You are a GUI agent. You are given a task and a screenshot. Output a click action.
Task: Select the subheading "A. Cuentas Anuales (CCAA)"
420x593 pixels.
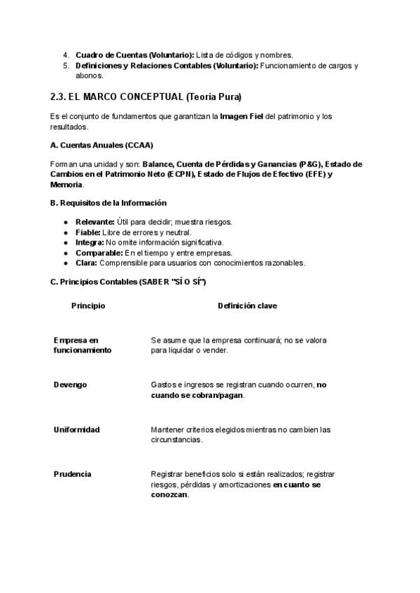102,145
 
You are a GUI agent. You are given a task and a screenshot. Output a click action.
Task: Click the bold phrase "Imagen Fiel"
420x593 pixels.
241,116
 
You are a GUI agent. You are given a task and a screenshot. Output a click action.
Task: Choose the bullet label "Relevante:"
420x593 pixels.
95,222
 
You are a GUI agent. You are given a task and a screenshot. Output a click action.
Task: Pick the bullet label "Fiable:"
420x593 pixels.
88,232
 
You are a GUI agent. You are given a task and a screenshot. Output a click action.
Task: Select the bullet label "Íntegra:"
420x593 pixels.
90,243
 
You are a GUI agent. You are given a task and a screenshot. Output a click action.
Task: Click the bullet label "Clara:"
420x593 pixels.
86,263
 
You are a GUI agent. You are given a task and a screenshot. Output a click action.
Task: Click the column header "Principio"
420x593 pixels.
88,306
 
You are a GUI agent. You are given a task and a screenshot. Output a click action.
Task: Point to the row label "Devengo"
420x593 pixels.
70,385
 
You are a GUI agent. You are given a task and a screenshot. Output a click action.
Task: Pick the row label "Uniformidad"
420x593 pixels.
76,429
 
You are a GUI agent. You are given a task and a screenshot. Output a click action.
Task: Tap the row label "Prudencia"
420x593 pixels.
72,474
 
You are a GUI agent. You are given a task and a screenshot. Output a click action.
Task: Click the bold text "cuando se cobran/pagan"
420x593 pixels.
197,395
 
